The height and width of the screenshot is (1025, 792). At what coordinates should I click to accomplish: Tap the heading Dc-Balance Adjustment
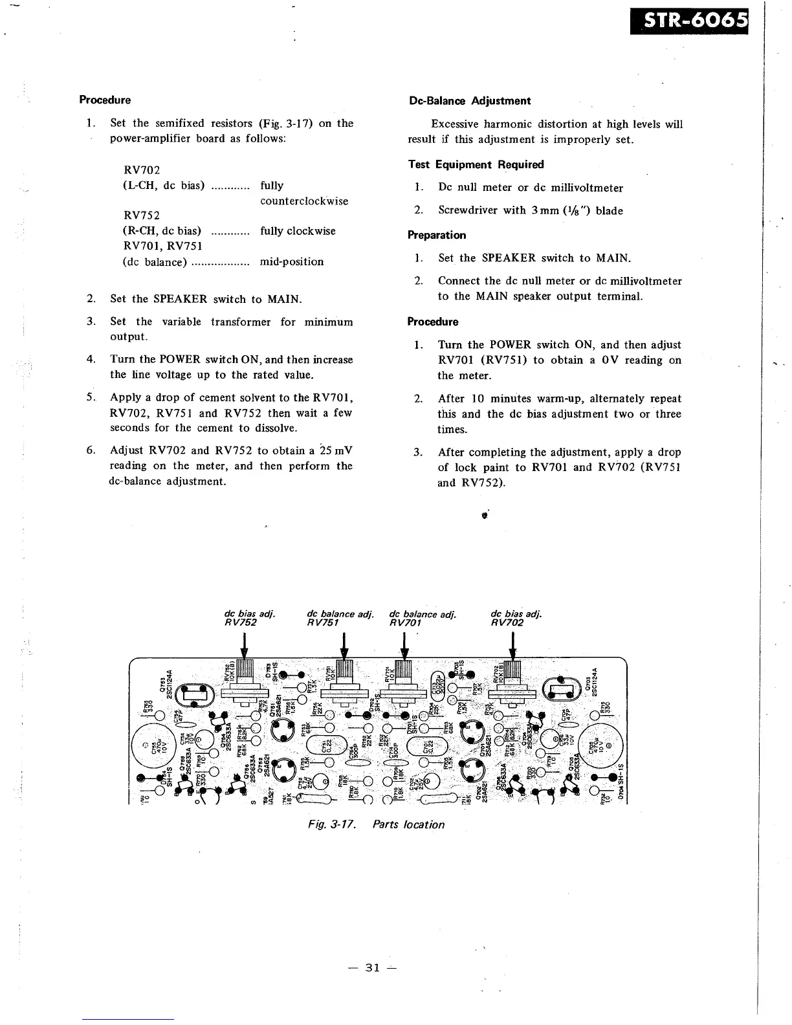click(x=470, y=101)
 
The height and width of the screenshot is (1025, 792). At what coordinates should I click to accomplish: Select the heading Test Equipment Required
click(x=476, y=164)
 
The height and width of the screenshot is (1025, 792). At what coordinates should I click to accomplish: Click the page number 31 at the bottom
click(x=371, y=968)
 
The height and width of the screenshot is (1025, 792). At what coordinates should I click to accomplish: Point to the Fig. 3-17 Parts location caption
click(x=376, y=824)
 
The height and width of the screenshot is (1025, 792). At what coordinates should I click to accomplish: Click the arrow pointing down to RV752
click(x=244, y=645)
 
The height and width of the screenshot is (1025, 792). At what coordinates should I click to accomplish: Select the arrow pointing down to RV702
click(x=512, y=645)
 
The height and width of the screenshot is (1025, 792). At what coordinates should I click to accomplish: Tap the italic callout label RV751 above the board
click(x=324, y=623)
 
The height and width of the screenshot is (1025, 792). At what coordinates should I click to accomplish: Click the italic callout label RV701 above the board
click(x=406, y=623)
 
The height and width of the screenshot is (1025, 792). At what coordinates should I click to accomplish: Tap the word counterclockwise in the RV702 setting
click(x=304, y=201)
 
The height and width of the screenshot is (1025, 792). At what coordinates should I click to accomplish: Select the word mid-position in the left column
click(x=291, y=262)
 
